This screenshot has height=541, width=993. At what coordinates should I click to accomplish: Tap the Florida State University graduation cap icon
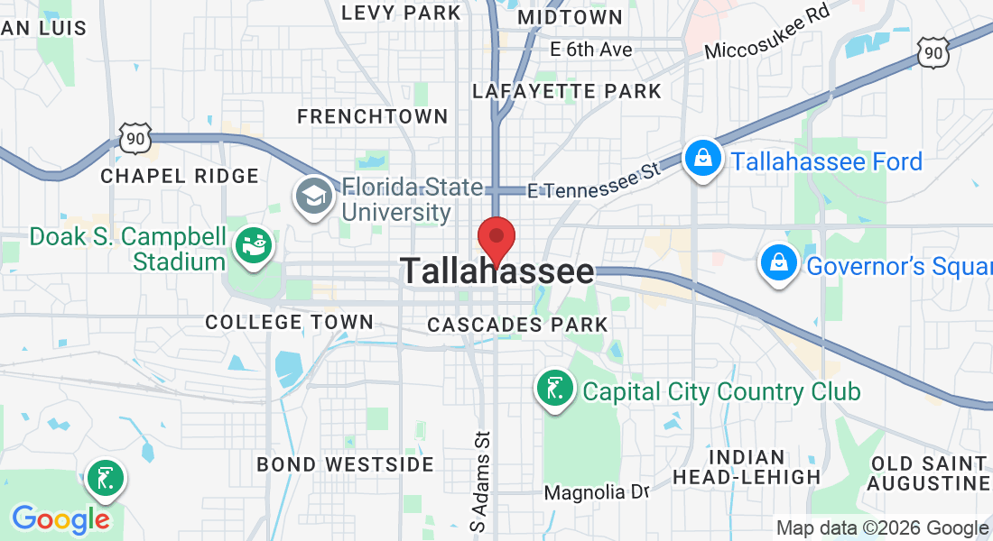tap(314, 197)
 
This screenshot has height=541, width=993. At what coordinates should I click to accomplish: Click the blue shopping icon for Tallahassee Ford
tap(701, 159)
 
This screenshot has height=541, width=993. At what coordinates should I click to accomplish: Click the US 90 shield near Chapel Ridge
tap(134, 138)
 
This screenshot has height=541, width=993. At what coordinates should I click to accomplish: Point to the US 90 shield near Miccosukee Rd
tap(933, 53)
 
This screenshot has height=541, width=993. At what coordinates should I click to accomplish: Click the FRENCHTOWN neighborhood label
tap(372, 116)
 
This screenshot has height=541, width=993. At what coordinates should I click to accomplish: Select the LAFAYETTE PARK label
tap(567, 91)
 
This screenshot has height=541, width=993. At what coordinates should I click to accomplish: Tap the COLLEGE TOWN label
tap(289, 322)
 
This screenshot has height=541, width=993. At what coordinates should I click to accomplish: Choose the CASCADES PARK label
tap(517, 324)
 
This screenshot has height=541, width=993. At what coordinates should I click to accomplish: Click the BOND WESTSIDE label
tap(346, 464)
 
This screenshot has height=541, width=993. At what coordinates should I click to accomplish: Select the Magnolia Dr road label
tap(597, 493)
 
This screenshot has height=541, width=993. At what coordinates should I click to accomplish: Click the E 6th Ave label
tap(591, 50)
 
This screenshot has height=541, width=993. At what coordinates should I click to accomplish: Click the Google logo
tap(60, 519)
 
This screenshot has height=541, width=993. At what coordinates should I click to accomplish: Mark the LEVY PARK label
tap(403, 13)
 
